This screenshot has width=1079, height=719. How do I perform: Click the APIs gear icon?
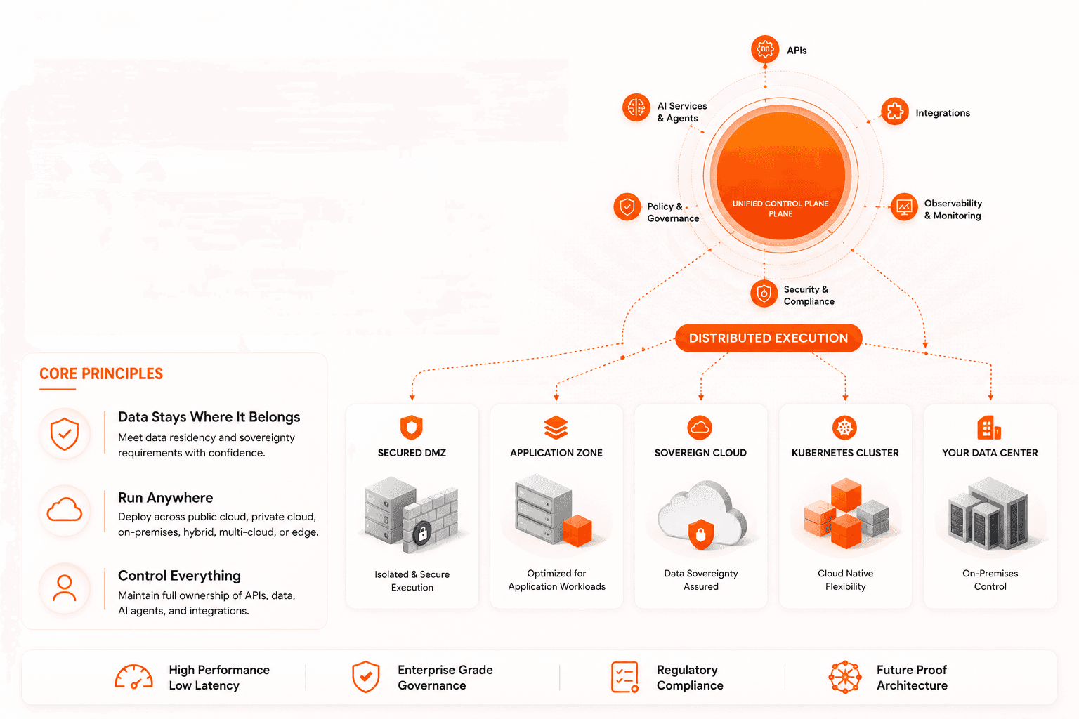(765, 49)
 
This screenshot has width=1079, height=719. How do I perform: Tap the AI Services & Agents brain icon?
(636, 107)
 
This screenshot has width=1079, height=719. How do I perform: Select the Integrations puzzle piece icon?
(895, 111)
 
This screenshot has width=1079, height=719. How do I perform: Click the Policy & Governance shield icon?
(627, 207)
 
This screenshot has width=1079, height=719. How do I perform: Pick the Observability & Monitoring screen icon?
(904, 208)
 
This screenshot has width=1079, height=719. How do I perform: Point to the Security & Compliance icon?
(764, 293)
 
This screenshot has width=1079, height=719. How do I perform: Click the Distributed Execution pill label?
(769, 338)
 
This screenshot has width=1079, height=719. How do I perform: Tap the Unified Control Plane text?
(780, 209)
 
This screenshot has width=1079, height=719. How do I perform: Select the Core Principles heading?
(101, 374)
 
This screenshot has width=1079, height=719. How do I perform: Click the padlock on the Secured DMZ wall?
(422, 533)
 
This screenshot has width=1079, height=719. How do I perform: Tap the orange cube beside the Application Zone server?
(577, 531)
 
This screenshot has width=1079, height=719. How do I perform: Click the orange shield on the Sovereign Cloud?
(701, 534)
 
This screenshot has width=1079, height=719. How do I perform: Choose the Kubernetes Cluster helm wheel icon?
(844, 427)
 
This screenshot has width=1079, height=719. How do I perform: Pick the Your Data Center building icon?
(989, 428)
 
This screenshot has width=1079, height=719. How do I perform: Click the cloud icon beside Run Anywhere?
(65, 510)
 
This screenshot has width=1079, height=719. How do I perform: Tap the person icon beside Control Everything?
(65, 588)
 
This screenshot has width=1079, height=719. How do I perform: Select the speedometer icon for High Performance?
(134, 677)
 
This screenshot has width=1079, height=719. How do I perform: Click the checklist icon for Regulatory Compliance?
(624, 677)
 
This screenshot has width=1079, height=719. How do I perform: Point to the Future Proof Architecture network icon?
(845, 677)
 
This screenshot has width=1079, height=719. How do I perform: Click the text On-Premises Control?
(990, 580)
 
